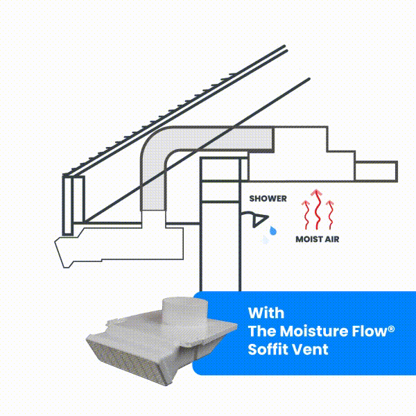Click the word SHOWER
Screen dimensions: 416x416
point(268,198)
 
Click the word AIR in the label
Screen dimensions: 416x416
point(331,239)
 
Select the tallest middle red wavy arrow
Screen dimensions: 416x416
point(317,209)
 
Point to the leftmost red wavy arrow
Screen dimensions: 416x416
point(306,215)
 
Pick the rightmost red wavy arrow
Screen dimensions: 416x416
point(330,215)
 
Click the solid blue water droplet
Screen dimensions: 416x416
point(273,230)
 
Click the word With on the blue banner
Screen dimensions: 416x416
point(266,313)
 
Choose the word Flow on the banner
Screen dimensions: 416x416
point(370,331)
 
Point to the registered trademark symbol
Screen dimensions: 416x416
point(391,329)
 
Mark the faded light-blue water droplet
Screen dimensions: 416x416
point(265,240)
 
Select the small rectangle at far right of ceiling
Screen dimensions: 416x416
point(376,171)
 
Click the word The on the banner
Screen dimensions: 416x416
point(262,331)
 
